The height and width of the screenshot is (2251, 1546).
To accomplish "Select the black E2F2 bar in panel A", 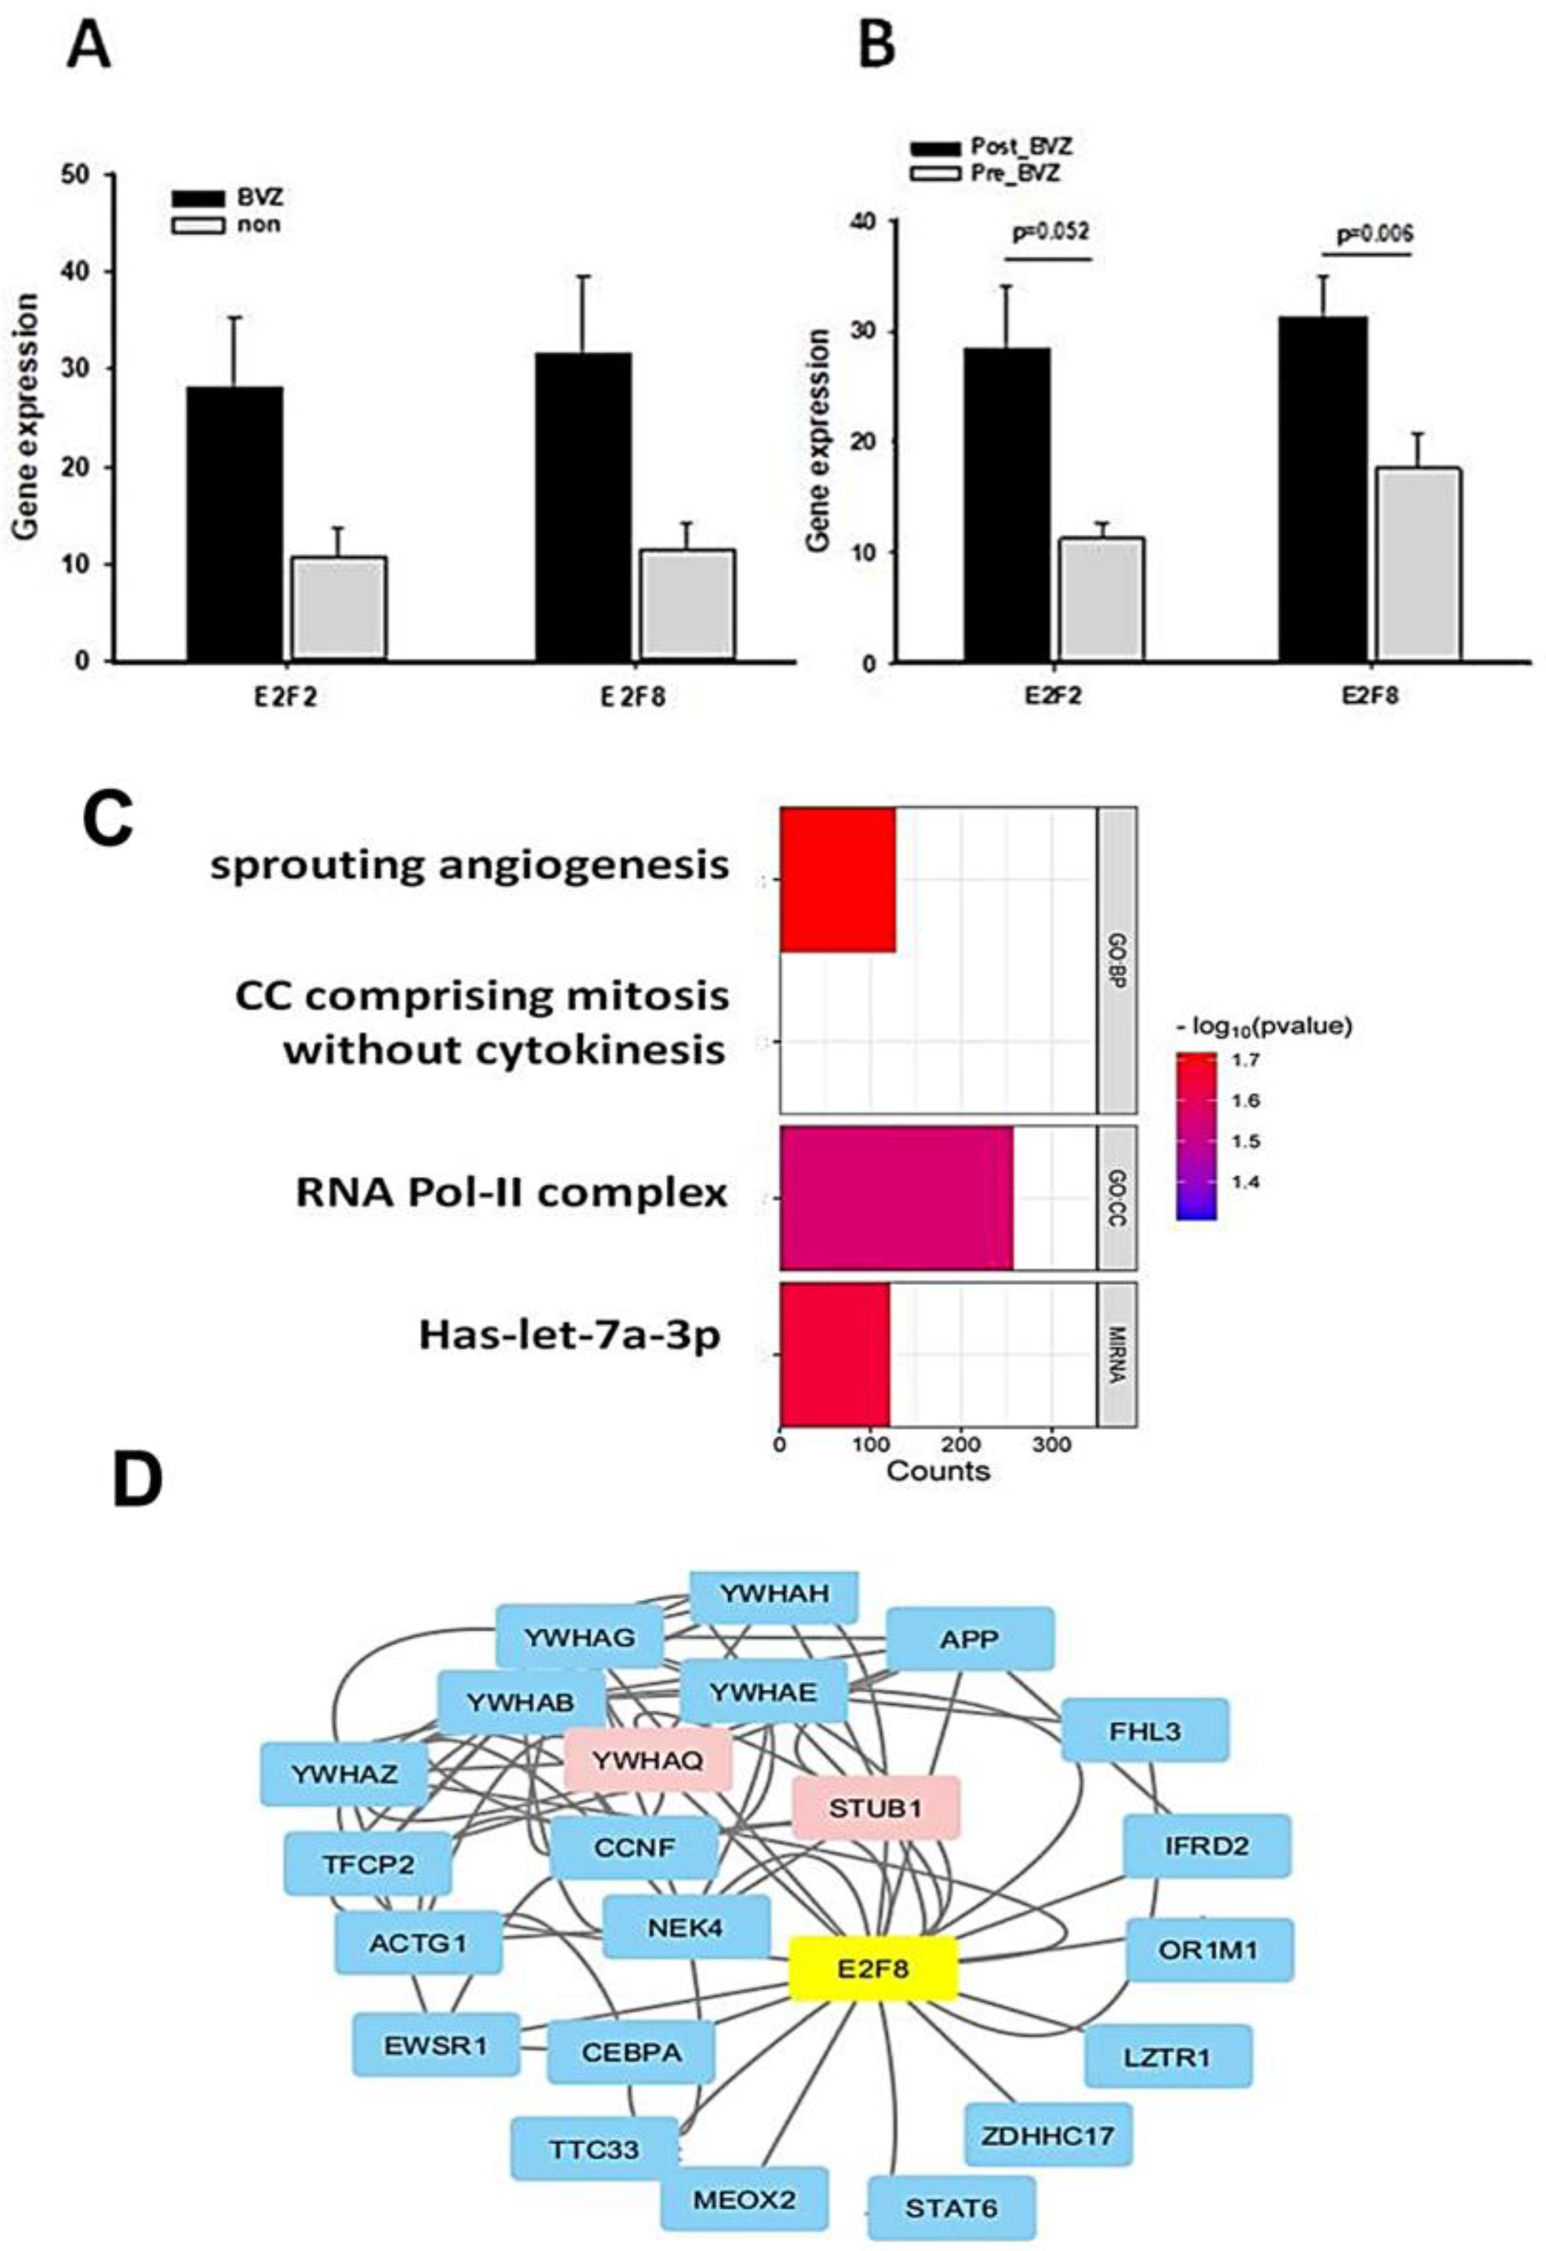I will [x=235, y=523].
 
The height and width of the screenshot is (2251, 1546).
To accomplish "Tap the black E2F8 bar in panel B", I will [x=1323, y=489].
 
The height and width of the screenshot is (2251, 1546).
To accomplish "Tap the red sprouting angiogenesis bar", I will [x=838, y=880].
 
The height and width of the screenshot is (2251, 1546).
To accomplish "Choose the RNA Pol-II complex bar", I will [x=896, y=1197].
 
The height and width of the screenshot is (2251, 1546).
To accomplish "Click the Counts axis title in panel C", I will [x=937, y=1471].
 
